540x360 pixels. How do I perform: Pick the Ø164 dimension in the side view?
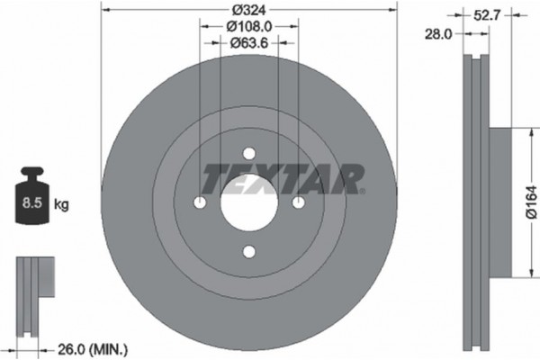pyautogui.click(x=528, y=203)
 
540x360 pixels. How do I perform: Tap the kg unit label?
pyautogui.click(x=62, y=205)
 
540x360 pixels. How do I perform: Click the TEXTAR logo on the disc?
pyautogui.click(x=282, y=178)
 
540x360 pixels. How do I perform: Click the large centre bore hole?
pyautogui.click(x=249, y=202)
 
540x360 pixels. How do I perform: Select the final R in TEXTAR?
pyautogui.click(x=351, y=178)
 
